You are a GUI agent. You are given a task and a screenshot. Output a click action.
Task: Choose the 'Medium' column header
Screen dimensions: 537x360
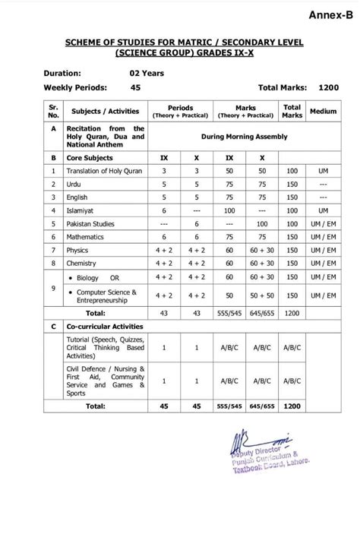(323, 112)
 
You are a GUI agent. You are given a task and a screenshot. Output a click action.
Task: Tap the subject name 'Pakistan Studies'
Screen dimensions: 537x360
(92, 224)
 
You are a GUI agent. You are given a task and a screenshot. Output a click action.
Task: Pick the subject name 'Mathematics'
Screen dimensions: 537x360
(87, 237)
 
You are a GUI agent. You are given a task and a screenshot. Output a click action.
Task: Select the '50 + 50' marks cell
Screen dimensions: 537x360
(262, 295)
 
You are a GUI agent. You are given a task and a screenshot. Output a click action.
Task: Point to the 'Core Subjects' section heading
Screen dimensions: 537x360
(89, 157)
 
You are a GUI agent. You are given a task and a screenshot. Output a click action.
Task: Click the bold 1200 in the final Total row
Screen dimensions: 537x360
(292, 406)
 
